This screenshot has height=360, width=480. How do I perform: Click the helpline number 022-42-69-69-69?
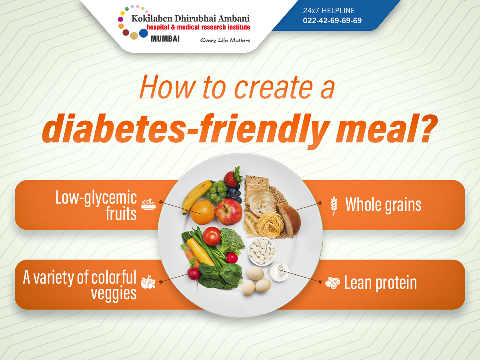(332, 20)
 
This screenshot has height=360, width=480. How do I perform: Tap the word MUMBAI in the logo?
(165, 39)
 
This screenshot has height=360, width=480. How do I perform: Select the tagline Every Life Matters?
(225, 40)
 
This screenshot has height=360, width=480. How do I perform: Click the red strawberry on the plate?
(232, 179)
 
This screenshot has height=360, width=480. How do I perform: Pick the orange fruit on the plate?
(202, 212)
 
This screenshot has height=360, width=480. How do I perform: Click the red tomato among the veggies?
(212, 236)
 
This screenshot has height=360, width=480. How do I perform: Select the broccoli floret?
(232, 240)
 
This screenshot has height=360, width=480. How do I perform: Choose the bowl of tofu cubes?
(262, 251)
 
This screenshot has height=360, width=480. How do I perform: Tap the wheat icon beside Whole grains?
(334, 205)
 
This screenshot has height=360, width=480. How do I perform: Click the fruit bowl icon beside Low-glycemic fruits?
(148, 204)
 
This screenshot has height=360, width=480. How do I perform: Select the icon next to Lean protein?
(332, 283)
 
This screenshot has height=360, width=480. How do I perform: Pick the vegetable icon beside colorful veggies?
(148, 282)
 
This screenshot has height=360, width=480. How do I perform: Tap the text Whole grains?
(383, 205)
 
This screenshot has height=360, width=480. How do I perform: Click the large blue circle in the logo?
(143, 33)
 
